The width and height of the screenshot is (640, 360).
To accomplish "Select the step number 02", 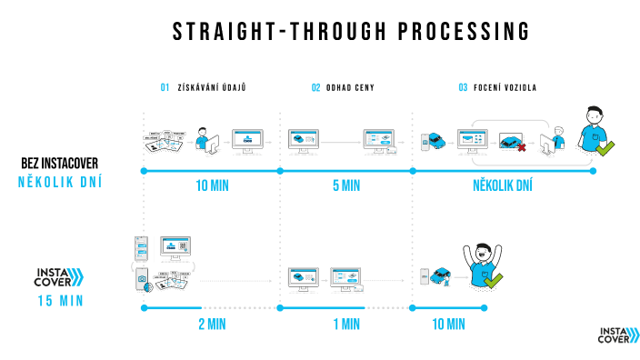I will [315, 88].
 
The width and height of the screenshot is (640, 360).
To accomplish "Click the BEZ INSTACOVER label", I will [59, 164].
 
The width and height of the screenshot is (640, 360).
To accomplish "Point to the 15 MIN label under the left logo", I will [60, 301].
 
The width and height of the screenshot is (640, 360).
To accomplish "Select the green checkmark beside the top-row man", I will [604, 145].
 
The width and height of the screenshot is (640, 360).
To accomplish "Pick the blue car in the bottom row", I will [442, 275].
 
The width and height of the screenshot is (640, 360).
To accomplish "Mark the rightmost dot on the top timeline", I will [593, 170].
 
